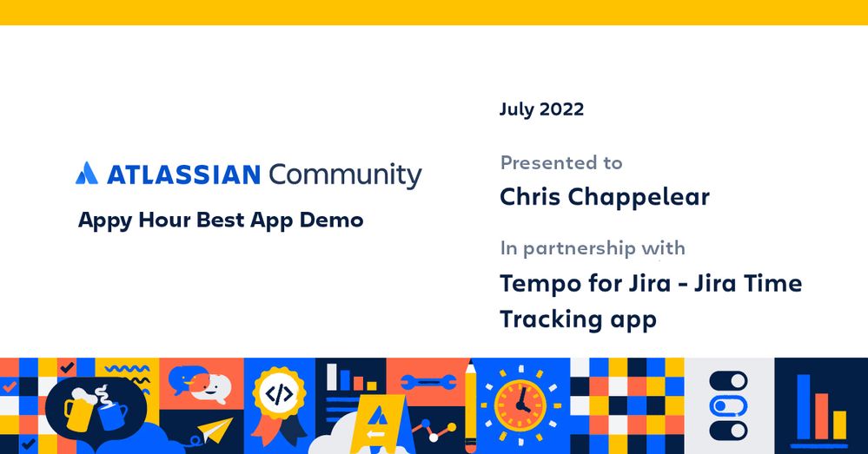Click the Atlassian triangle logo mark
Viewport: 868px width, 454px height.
pyautogui.click(x=86, y=174)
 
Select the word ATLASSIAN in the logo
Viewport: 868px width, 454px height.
pyautogui.click(x=183, y=174)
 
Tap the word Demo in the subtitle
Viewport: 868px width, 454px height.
pyautogui.click(x=331, y=220)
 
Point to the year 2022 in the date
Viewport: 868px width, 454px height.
pyautogui.click(x=561, y=109)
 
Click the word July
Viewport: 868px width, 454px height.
pyautogui.click(x=517, y=109)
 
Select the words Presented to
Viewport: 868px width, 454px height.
pyautogui.click(x=561, y=162)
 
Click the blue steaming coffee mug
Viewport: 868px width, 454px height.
pyautogui.click(x=111, y=413)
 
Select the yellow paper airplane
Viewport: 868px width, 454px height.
pyautogui.click(x=214, y=431)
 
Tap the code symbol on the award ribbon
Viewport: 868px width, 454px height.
pyautogui.click(x=279, y=395)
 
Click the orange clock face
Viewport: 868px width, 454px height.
pyautogui.click(x=520, y=405)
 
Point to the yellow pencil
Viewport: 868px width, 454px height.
pyautogui.click(x=470, y=404)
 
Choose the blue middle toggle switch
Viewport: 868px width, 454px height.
pyautogui.click(x=728, y=405)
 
